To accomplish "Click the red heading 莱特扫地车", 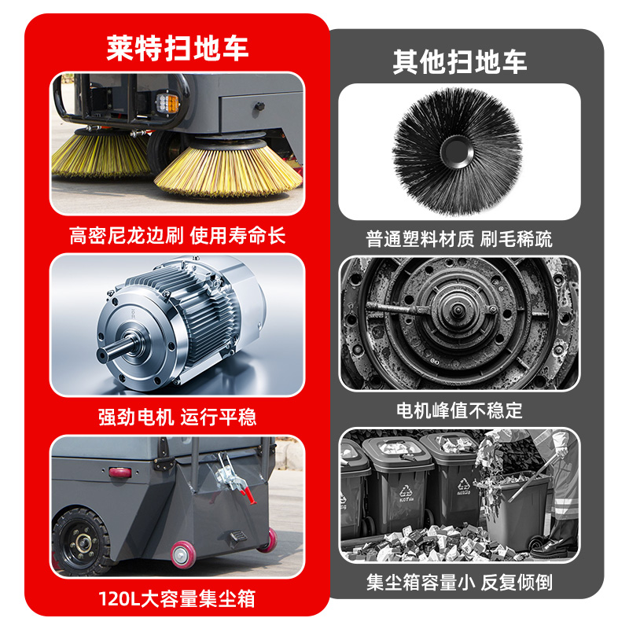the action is [x=178, y=48].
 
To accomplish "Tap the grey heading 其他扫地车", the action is [x=459, y=62].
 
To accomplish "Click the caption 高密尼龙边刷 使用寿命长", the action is [x=178, y=235].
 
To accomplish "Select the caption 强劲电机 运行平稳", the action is [x=178, y=417].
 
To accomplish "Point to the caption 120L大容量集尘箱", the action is [x=177, y=599].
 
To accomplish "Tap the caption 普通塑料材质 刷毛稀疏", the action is [x=459, y=239].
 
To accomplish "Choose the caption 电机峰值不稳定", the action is [x=459, y=410].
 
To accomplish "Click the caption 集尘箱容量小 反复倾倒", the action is [x=459, y=582].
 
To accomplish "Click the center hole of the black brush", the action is [x=457, y=152].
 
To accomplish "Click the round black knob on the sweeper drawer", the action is [x=259, y=106].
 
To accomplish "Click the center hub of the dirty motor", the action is [x=458, y=309].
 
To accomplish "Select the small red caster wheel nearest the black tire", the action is [x=182, y=554].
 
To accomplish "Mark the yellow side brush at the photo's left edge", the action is [x=101, y=154].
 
